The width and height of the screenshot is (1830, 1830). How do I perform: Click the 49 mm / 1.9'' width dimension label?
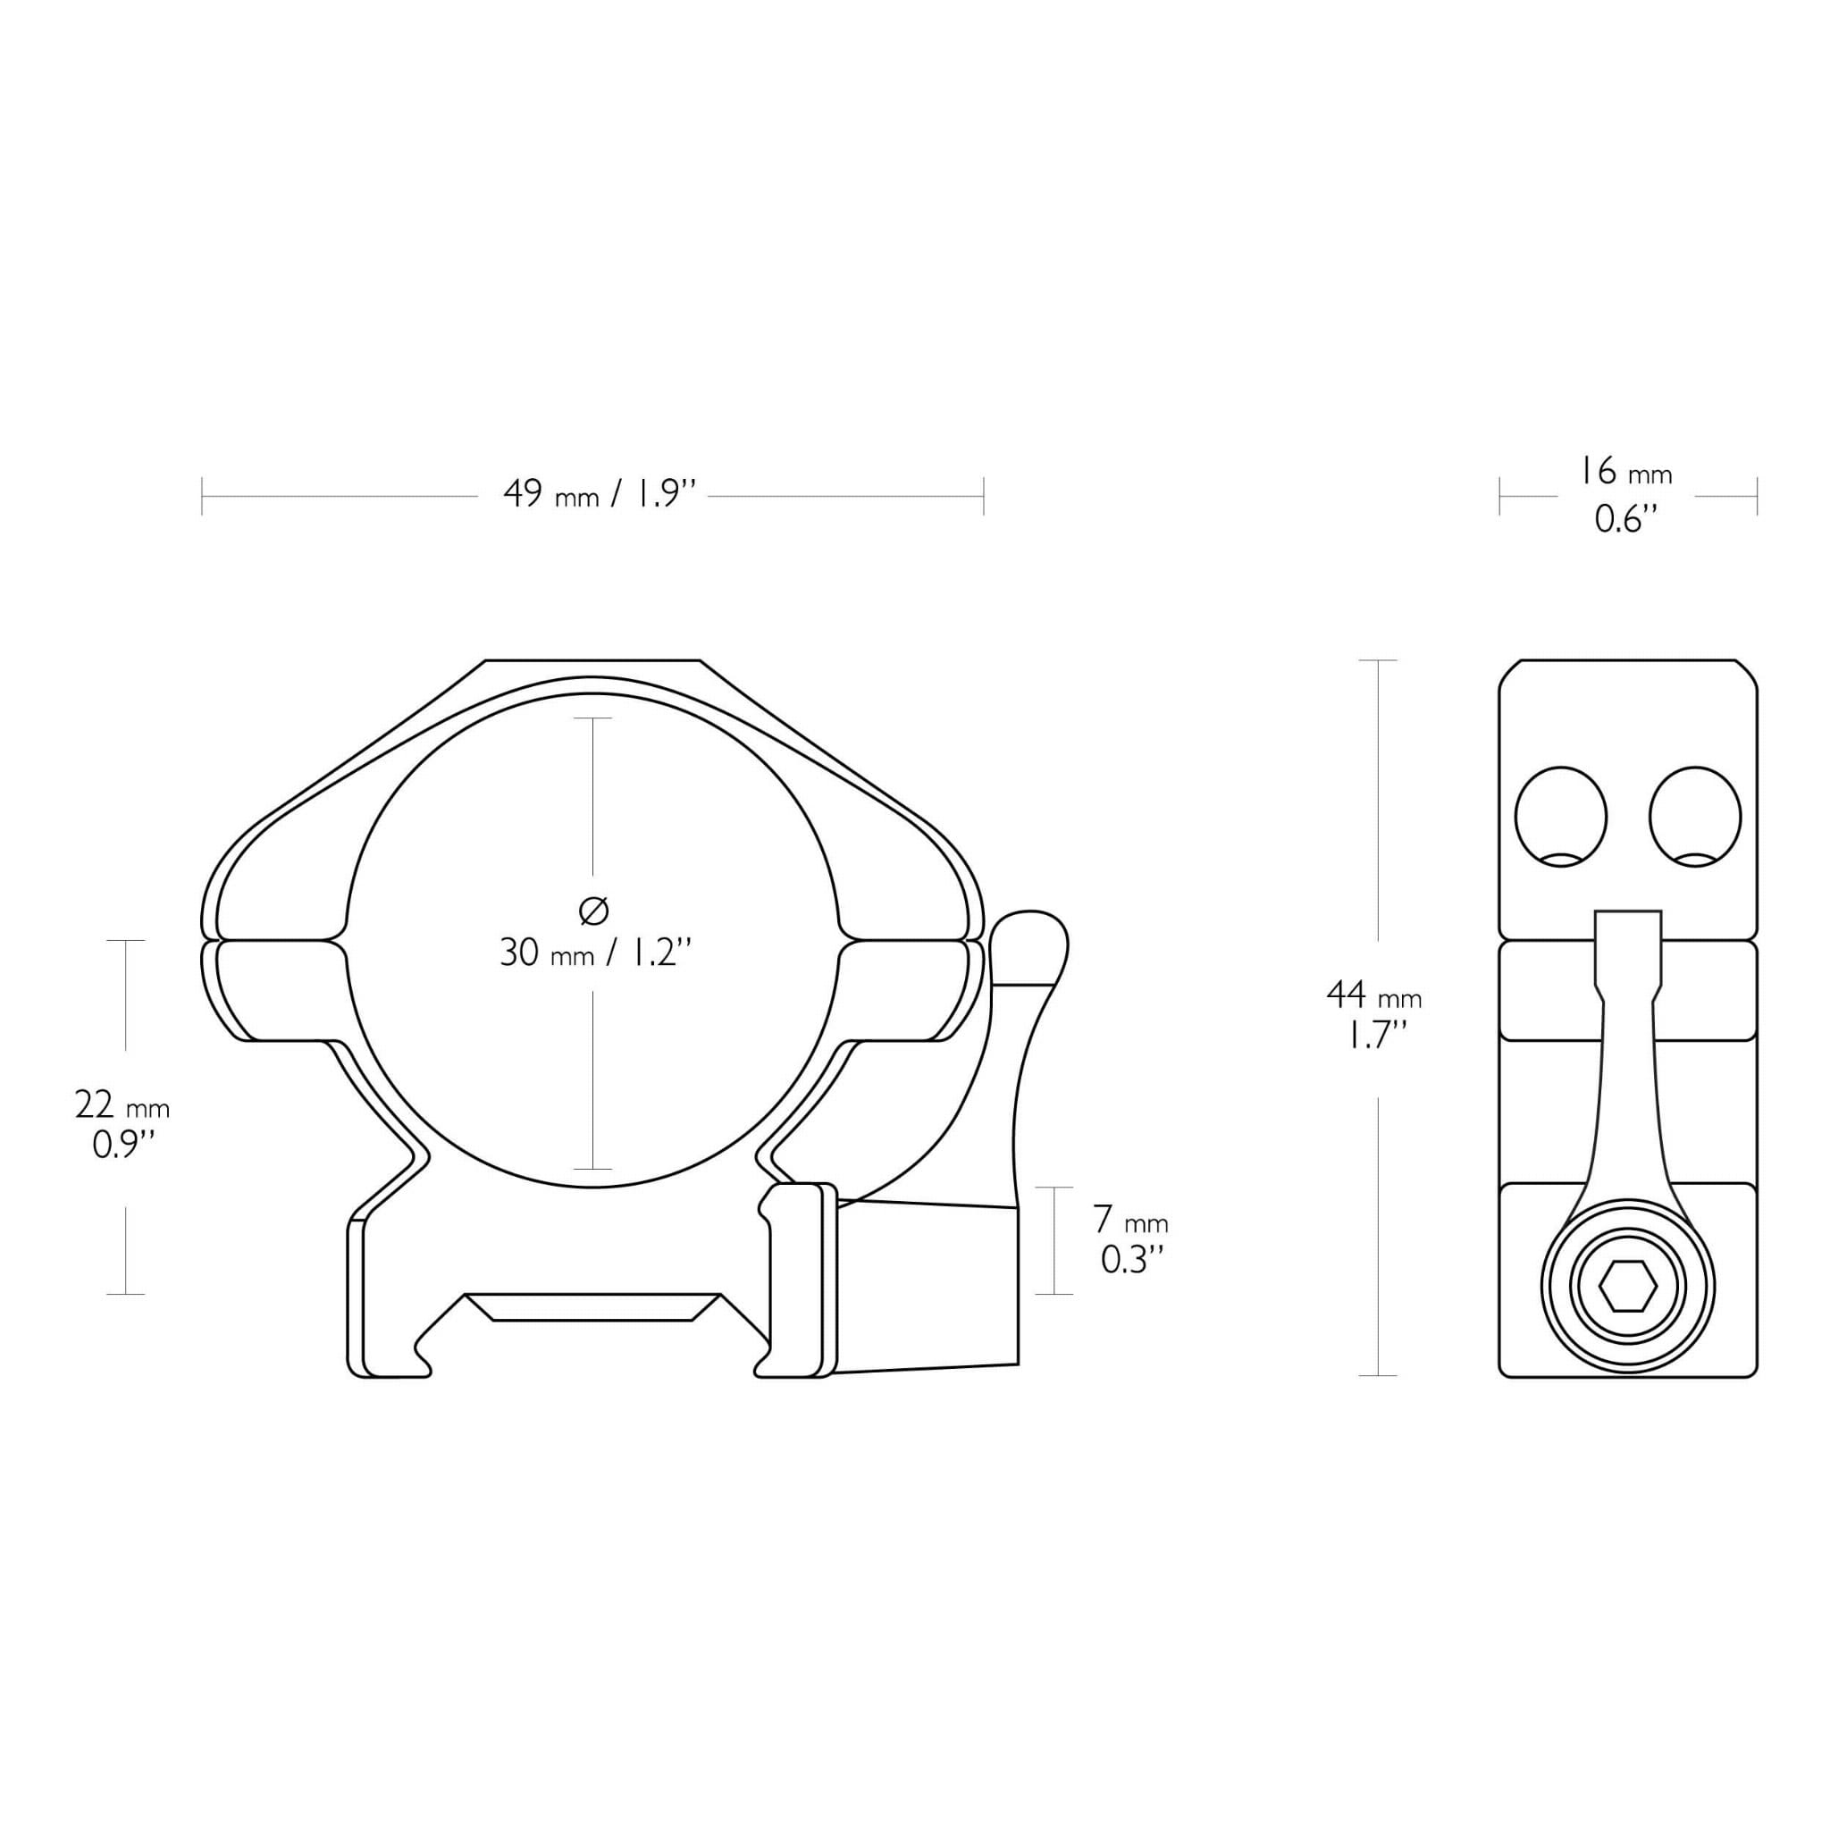pos(600,494)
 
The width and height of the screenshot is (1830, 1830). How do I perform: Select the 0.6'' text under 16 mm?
pos(1625,519)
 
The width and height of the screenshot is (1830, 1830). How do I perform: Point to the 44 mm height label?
pos(1374,995)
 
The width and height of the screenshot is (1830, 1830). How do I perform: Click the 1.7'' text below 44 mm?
pos(1374,1039)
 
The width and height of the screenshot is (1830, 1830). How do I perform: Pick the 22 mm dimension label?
pos(122,1104)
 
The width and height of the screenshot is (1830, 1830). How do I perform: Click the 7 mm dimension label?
pos(1131,1219)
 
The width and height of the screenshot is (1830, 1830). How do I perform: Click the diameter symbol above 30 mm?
pos(593,911)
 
